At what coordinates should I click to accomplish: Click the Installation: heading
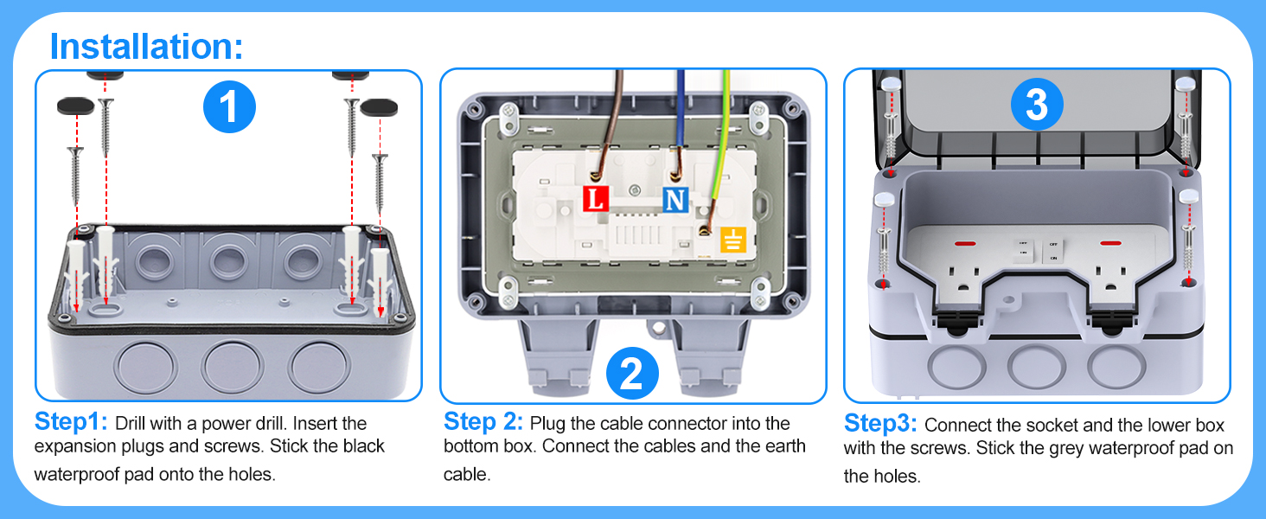point(146,46)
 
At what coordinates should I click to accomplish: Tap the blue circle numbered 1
point(229,109)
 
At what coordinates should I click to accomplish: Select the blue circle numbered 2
point(632,375)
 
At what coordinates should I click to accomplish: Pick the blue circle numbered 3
point(1036,106)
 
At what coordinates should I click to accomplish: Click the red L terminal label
point(595,200)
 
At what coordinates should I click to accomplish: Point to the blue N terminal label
point(675,201)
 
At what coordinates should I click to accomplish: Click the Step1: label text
point(71,423)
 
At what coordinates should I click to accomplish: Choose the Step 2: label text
point(483,422)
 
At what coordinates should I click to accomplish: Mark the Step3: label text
point(881,424)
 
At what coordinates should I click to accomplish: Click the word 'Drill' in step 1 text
point(131,424)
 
